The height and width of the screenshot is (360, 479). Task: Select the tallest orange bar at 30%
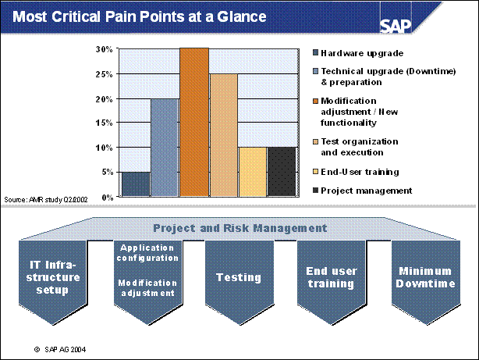[x=194, y=122]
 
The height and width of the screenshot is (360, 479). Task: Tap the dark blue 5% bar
[x=136, y=184]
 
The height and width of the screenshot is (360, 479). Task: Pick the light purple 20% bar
[x=165, y=148]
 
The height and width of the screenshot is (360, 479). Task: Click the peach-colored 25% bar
[x=223, y=135]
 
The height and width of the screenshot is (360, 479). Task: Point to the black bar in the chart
[x=282, y=172]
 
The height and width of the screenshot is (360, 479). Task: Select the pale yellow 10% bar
[x=252, y=172]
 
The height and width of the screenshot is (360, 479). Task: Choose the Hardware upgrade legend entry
[x=360, y=53]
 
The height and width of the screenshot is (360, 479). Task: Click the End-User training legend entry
[x=360, y=172]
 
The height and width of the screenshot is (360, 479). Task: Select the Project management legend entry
[x=366, y=190]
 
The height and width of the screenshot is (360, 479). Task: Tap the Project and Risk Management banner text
[x=239, y=228]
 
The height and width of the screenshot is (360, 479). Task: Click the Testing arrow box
[x=238, y=277]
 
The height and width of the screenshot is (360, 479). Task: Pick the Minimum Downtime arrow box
[x=426, y=277]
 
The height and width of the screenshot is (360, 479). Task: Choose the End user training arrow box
[x=332, y=277]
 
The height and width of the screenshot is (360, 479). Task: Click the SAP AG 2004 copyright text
[x=70, y=349]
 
